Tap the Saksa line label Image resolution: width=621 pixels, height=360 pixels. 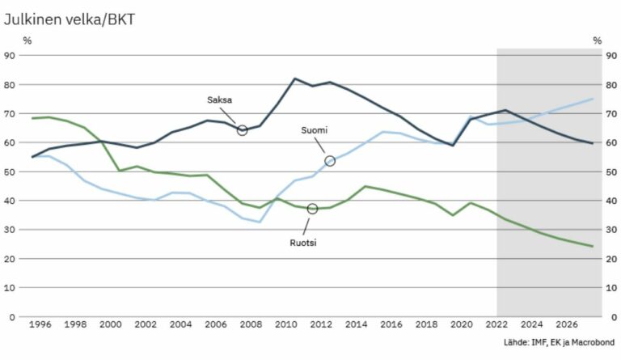(219, 100)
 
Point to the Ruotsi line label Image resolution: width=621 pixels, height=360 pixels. (303, 241)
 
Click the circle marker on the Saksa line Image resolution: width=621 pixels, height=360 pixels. (242, 130)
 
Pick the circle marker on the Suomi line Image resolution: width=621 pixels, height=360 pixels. (330, 161)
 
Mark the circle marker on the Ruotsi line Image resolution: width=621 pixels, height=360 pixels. (312, 210)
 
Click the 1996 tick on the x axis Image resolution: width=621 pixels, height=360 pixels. (40, 324)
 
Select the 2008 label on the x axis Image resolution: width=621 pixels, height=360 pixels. (250, 324)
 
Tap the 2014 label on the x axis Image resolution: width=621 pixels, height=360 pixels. (356, 324)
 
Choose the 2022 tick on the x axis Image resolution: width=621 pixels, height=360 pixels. (496, 324)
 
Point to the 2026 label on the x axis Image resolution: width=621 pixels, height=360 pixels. (567, 324)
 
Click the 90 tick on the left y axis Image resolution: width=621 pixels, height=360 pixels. (11, 55)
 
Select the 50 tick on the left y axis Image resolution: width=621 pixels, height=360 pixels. (11, 172)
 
